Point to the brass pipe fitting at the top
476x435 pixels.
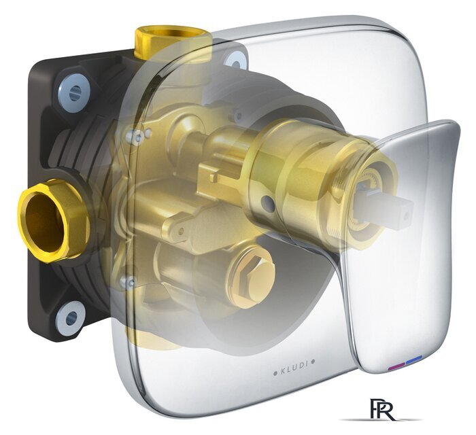pyautogui.click(x=173, y=43)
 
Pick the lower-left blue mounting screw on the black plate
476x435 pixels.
pyautogui.click(x=71, y=318)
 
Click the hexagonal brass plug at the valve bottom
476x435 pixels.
pyautogui.click(x=252, y=276)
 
